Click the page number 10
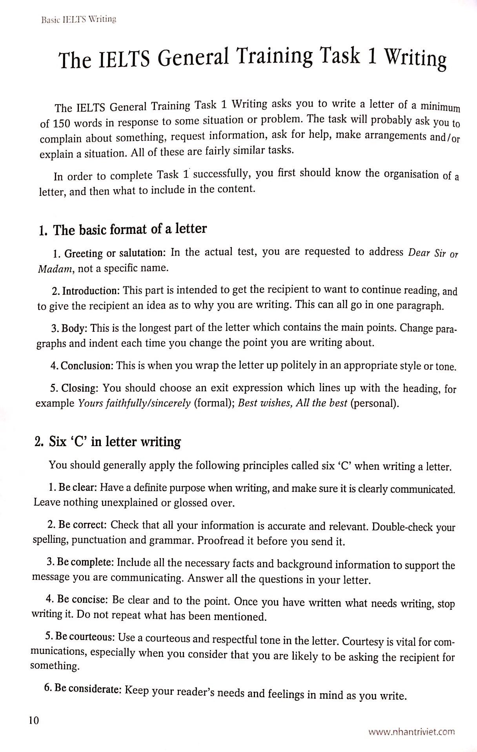click(34, 719)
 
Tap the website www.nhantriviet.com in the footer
click(411, 731)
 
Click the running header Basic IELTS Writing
click(78, 19)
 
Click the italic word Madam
click(55, 269)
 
